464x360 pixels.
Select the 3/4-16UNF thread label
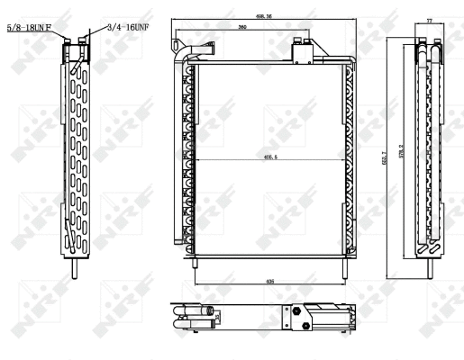[x=126, y=28]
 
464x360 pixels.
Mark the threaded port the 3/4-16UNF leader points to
[x=83, y=40]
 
